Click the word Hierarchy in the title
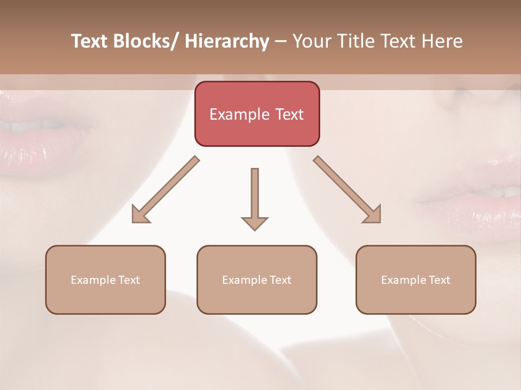tap(227, 41)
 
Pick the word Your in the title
tap(311, 41)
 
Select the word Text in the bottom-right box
tap(439, 280)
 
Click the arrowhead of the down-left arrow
tap(140, 215)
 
